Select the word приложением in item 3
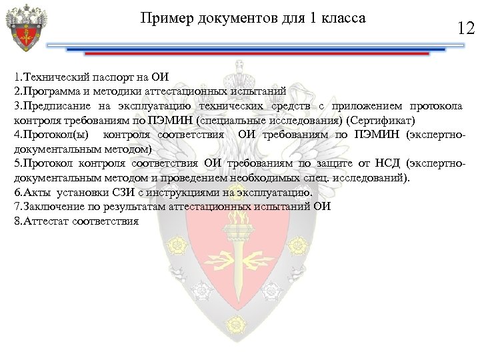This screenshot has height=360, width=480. click(362, 106)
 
